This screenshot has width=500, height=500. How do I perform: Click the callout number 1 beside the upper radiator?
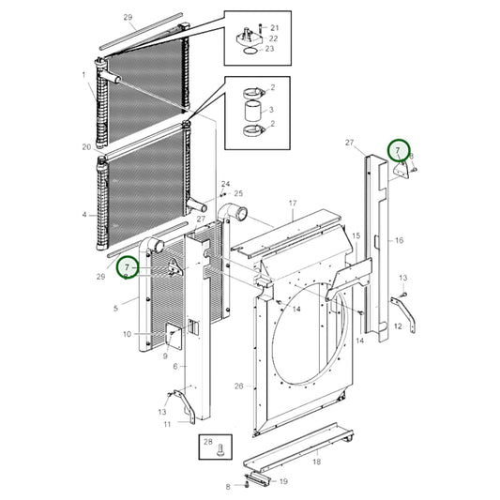pos(83,74)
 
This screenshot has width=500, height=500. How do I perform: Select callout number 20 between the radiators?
pos(86,147)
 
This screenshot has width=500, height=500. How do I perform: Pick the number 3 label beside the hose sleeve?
pos(272,110)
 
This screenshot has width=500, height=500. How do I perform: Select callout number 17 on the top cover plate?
pos(292,204)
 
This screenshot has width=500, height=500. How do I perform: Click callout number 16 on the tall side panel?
pos(399,241)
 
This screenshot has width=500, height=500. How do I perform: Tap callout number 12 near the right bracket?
pos(398,326)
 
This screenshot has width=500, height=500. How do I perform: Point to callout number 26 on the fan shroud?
pos(238,386)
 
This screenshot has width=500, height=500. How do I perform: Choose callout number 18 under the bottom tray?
pos(316,462)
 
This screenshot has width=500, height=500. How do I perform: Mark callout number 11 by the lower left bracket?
pos(167,423)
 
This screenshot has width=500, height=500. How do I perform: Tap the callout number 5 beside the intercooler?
pos(116,308)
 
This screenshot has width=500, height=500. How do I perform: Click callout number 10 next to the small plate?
pos(127,334)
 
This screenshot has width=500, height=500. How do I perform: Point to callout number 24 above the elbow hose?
pos(225,184)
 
